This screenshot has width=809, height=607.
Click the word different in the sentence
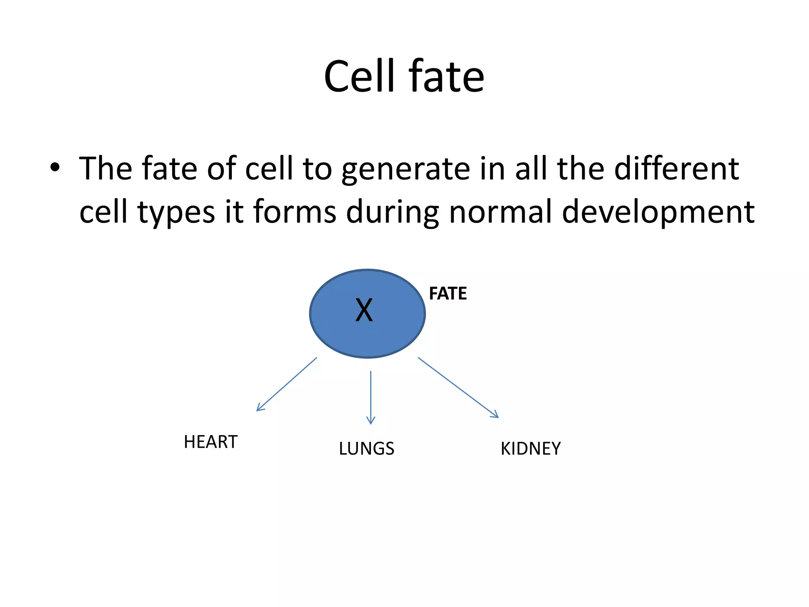point(676,168)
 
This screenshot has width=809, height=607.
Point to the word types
point(176,212)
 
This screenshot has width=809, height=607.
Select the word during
point(392,212)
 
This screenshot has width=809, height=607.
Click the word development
point(658,212)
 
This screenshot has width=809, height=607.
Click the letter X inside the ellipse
point(364,310)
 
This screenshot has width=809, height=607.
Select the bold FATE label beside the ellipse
point(448,294)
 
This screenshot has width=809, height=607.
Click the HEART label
point(211,442)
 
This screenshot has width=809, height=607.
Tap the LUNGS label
point(367,449)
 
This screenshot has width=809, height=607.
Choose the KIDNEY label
point(531,449)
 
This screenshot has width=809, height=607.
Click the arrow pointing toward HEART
point(286,385)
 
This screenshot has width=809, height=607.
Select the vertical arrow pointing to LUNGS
point(371,397)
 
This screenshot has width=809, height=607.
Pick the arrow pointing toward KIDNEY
point(458,388)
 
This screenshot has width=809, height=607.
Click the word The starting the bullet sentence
point(105,168)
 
